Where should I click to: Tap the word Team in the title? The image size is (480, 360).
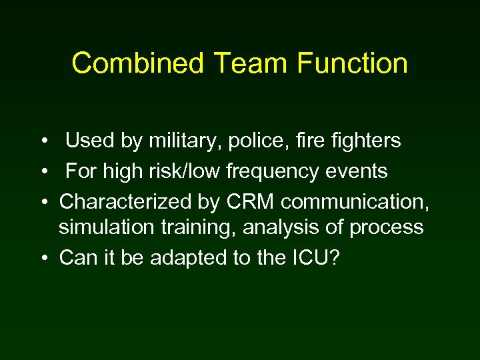pos(251,63)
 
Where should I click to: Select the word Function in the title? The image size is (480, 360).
pos(353,63)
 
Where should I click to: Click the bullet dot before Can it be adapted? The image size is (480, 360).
pos(42,258)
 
